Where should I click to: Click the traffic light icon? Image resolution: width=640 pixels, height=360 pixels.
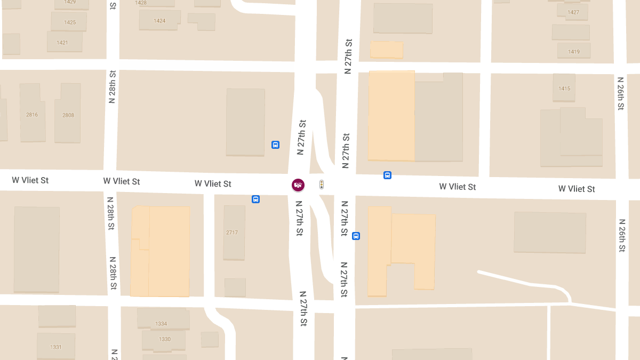click(x=322, y=185)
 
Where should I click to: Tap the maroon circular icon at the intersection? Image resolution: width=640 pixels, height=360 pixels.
click(x=298, y=185)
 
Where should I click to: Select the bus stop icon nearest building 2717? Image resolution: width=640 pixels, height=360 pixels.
click(x=256, y=199)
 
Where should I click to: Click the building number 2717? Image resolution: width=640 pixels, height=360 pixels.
click(x=232, y=233)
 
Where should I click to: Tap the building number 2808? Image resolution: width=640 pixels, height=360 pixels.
click(x=68, y=115)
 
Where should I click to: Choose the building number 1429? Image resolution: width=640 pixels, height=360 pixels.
click(x=70, y=2)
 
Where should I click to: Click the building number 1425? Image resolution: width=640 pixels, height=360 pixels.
click(x=70, y=22)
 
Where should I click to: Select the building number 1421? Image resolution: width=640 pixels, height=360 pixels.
click(x=62, y=43)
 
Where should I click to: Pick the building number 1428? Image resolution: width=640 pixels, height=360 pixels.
click(x=141, y=3)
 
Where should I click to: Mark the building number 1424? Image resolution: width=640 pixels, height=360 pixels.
click(x=159, y=21)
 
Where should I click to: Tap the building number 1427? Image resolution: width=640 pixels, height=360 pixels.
click(x=573, y=12)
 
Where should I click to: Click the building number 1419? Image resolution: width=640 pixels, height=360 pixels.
click(x=574, y=52)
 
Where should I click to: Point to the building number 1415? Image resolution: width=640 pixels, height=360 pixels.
click(x=564, y=89)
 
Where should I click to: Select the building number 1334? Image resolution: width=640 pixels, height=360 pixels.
click(x=161, y=324)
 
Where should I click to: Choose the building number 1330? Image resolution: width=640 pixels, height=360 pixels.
click(x=165, y=339)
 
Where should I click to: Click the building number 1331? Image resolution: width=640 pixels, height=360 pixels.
click(x=56, y=347)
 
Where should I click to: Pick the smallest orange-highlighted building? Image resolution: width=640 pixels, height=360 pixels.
click(x=387, y=50)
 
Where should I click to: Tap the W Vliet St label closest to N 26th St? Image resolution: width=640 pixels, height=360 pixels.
click(x=577, y=189)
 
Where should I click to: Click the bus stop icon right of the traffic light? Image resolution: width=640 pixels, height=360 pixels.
click(x=388, y=175)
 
